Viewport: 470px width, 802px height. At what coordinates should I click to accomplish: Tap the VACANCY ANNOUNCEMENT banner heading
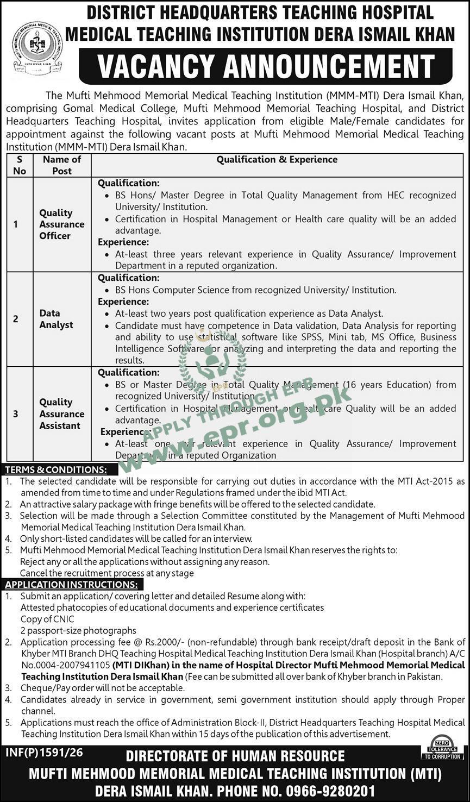point(266,66)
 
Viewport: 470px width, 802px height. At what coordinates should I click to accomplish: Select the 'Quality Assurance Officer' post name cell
point(61,224)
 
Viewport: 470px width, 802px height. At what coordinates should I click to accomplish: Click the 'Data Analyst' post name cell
point(56,319)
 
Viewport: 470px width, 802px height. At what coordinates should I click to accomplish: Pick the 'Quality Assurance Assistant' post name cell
point(61,413)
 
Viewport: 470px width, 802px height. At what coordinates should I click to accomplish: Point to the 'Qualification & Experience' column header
point(277,159)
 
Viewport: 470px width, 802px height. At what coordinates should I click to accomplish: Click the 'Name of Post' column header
point(61,165)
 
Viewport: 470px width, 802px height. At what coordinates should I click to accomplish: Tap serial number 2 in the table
point(16,319)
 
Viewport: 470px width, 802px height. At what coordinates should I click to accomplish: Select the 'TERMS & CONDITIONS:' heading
point(56,469)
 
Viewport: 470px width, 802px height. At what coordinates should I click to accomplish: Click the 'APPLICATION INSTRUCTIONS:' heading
point(71,585)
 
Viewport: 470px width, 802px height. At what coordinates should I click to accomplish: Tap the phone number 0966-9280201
point(330,791)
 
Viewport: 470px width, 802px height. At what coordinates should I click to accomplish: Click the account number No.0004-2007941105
point(66,665)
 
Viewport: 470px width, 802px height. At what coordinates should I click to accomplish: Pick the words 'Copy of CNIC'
point(47,619)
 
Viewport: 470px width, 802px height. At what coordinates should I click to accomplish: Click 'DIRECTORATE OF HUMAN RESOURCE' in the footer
point(235,756)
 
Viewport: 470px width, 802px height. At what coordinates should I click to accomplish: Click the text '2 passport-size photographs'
point(78,630)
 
